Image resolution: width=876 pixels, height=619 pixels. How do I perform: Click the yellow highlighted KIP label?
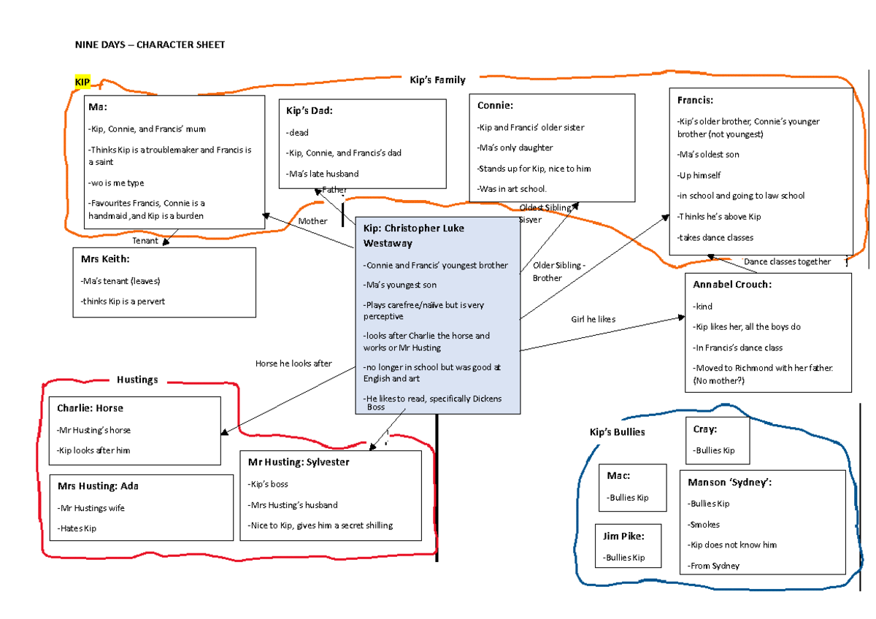click(x=82, y=82)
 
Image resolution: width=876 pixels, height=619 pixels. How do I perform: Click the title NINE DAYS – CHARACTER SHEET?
click(x=150, y=45)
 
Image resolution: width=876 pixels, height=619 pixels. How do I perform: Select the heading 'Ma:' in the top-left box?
click(x=98, y=107)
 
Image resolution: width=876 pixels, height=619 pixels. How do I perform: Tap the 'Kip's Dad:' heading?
click(x=310, y=111)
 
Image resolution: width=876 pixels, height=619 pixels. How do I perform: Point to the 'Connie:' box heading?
click(x=495, y=106)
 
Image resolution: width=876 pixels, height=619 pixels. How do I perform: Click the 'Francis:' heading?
click(x=695, y=100)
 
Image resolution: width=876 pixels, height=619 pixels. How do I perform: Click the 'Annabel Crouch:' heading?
click(x=731, y=285)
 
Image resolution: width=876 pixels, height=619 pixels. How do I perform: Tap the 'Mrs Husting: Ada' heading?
click(x=97, y=486)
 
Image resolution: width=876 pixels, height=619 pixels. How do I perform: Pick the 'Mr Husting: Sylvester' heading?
click(x=299, y=462)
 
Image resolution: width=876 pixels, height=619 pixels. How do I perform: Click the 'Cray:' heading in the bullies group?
click(x=705, y=429)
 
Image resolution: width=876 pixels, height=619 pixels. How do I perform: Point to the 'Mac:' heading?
click(x=618, y=476)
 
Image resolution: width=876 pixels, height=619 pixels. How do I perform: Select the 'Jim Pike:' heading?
click(x=623, y=536)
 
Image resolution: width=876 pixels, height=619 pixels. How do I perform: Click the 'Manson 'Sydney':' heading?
click(x=729, y=482)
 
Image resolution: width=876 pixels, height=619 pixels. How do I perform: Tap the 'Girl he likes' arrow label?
click(x=593, y=319)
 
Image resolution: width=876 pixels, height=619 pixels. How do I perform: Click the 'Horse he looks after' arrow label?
click(x=293, y=363)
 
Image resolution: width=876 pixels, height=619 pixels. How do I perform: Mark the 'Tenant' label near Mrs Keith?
click(x=145, y=240)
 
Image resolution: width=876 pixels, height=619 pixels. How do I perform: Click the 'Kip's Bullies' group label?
click(x=617, y=432)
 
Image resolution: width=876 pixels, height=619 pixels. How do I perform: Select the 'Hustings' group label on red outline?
click(x=137, y=380)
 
